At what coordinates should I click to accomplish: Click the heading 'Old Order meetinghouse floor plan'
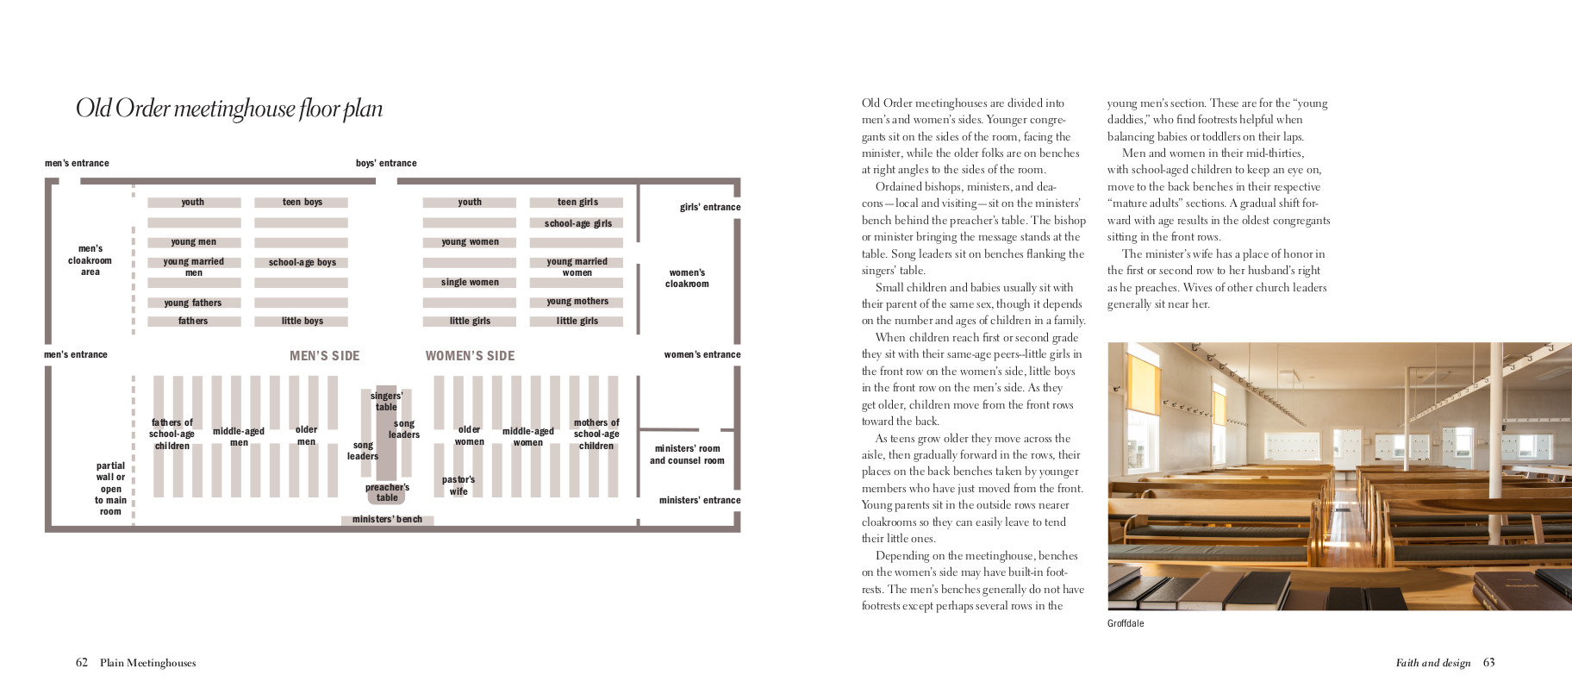229,109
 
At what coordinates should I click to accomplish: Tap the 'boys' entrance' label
386,163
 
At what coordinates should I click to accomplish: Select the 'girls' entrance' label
709,207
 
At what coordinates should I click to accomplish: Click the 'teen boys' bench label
302,203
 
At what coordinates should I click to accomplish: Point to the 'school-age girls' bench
577,223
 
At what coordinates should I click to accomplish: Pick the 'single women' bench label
470,282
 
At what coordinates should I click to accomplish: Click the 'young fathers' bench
193,303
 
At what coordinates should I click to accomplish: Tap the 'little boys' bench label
302,321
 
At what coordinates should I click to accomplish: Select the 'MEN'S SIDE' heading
324,355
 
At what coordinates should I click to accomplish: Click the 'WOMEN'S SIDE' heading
470,355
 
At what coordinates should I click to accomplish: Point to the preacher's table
387,492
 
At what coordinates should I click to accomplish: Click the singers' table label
386,401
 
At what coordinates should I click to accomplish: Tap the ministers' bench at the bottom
387,519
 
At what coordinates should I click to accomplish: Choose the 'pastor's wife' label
458,485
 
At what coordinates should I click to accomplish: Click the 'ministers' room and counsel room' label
687,454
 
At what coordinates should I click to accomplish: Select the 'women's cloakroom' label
687,278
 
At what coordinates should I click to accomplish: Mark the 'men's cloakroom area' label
90,259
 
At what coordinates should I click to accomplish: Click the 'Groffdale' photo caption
1126,623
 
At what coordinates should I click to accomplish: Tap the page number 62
82,663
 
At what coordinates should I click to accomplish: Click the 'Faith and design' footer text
1432,663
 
